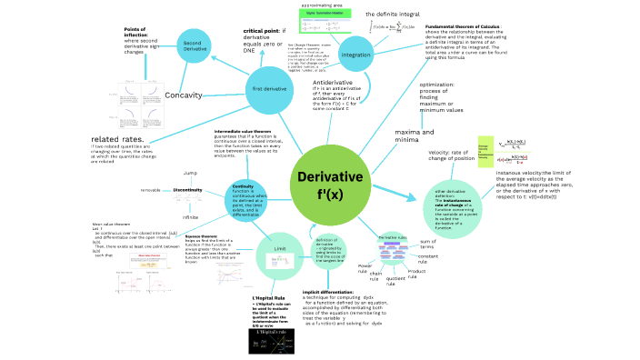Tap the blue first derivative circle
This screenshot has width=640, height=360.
(270, 89)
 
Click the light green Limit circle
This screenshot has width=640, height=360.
(280, 248)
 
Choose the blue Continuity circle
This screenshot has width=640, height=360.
(243, 199)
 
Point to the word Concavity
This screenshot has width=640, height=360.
(184, 95)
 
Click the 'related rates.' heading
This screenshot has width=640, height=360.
(117, 138)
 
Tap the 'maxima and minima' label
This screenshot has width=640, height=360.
(394, 136)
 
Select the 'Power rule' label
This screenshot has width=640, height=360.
(364, 268)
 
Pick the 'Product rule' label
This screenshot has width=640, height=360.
(417, 272)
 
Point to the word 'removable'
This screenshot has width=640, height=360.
(150, 190)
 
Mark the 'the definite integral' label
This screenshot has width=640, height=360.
(393, 15)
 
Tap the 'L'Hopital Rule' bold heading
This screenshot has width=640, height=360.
(268, 297)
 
